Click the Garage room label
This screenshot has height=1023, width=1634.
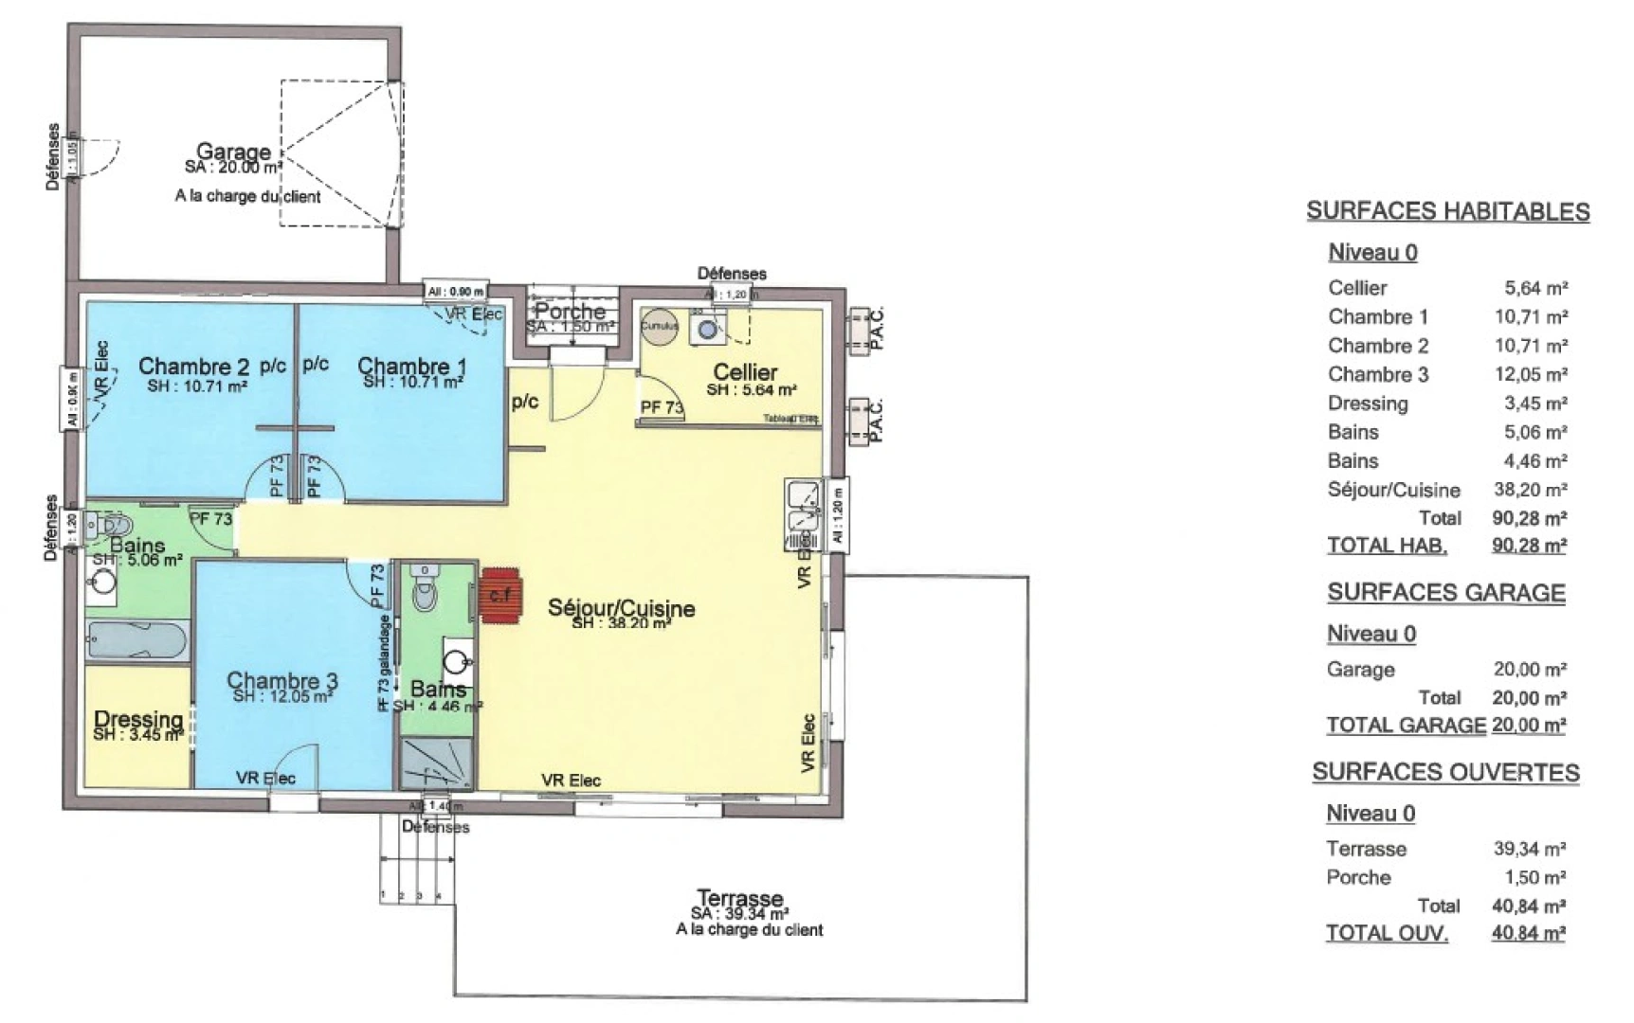tap(233, 152)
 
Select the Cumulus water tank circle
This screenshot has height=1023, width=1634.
tap(660, 326)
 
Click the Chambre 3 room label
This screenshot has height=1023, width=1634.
tap(281, 680)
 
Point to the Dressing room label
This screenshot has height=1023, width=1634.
tap(138, 720)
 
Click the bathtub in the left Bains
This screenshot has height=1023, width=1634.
tap(136, 641)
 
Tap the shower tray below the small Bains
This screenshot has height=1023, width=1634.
tap(435, 763)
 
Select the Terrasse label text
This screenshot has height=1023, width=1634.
tap(739, 897)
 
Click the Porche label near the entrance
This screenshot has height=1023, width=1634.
tap(570, 311)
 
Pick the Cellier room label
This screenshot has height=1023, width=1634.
tap(745, 372)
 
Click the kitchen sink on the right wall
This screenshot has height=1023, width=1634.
tap(804, 516)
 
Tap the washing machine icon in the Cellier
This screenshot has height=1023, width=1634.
tap(707, 329)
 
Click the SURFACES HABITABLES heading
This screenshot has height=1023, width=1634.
tap(1447, 211)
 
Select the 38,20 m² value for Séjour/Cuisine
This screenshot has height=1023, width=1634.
tap(1531, 490)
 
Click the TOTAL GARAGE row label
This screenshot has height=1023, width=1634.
tap(1405, 726)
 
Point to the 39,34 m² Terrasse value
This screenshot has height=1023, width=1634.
tap(1529, 849)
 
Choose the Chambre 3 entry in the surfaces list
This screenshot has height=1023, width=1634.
tap(1377, 374)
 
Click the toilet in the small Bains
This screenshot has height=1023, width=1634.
tap(425, 594)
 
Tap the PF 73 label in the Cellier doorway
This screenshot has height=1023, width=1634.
tap(662, 407)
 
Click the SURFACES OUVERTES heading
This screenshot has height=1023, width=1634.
tap(1444, 773)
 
